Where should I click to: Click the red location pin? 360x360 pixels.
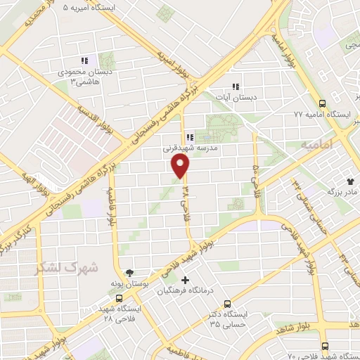(x=181, y=166)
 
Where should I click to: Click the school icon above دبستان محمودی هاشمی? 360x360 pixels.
(x=84, y=61)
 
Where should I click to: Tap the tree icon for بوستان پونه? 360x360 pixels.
(x=129, y=272)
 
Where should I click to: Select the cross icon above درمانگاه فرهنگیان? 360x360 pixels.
(x=185, y=281)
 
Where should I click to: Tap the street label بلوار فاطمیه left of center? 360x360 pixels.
(x=110, y=211)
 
